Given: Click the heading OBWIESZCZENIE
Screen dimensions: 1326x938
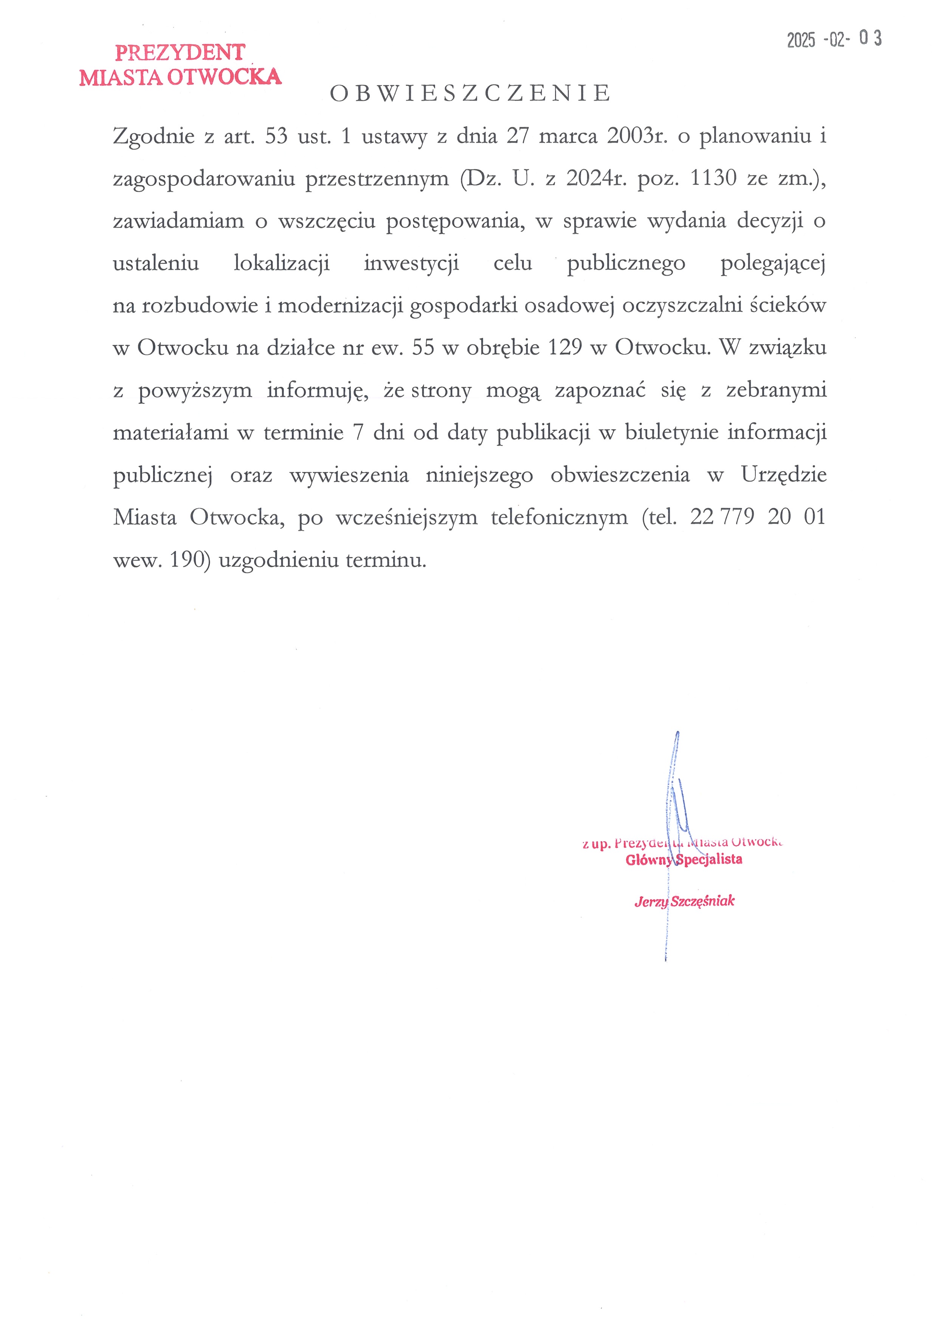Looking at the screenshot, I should [470, 93].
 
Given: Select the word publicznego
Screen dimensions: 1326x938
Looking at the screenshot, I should [626, 264].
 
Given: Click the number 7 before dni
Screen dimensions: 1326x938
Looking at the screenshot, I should [358, 433].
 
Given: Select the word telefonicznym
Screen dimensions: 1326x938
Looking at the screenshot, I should [559, 517].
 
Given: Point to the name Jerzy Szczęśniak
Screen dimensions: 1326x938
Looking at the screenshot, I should [684, 901].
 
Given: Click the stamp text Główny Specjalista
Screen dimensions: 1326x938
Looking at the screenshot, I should [684, 859].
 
